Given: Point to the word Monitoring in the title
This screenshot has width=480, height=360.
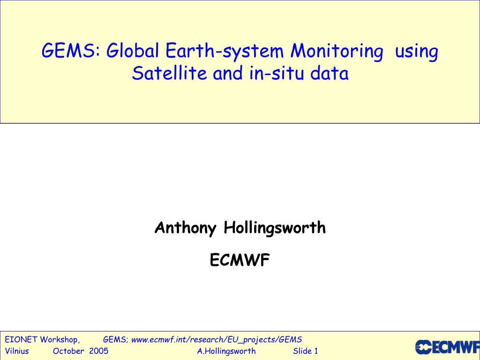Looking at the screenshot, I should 336,51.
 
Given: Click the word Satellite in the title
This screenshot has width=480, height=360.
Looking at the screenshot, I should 170,74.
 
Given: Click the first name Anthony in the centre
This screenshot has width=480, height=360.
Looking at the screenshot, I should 185,228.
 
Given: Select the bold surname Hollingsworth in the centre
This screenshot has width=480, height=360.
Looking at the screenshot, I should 275,228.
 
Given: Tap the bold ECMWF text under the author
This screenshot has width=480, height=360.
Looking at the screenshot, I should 240,260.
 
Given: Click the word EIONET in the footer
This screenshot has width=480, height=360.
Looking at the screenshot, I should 21,339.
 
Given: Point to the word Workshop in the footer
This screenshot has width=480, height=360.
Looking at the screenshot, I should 60,339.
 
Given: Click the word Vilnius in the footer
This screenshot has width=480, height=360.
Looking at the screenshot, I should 17,351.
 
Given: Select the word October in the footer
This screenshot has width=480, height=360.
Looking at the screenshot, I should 68,351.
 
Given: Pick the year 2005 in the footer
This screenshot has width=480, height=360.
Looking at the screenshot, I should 98,351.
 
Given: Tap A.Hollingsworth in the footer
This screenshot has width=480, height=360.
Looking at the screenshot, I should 226,351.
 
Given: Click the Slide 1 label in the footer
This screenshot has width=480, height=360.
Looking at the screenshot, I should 306,351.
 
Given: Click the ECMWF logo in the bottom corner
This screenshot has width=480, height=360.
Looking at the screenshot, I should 447,347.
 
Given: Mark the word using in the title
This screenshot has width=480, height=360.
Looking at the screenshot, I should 417,51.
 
